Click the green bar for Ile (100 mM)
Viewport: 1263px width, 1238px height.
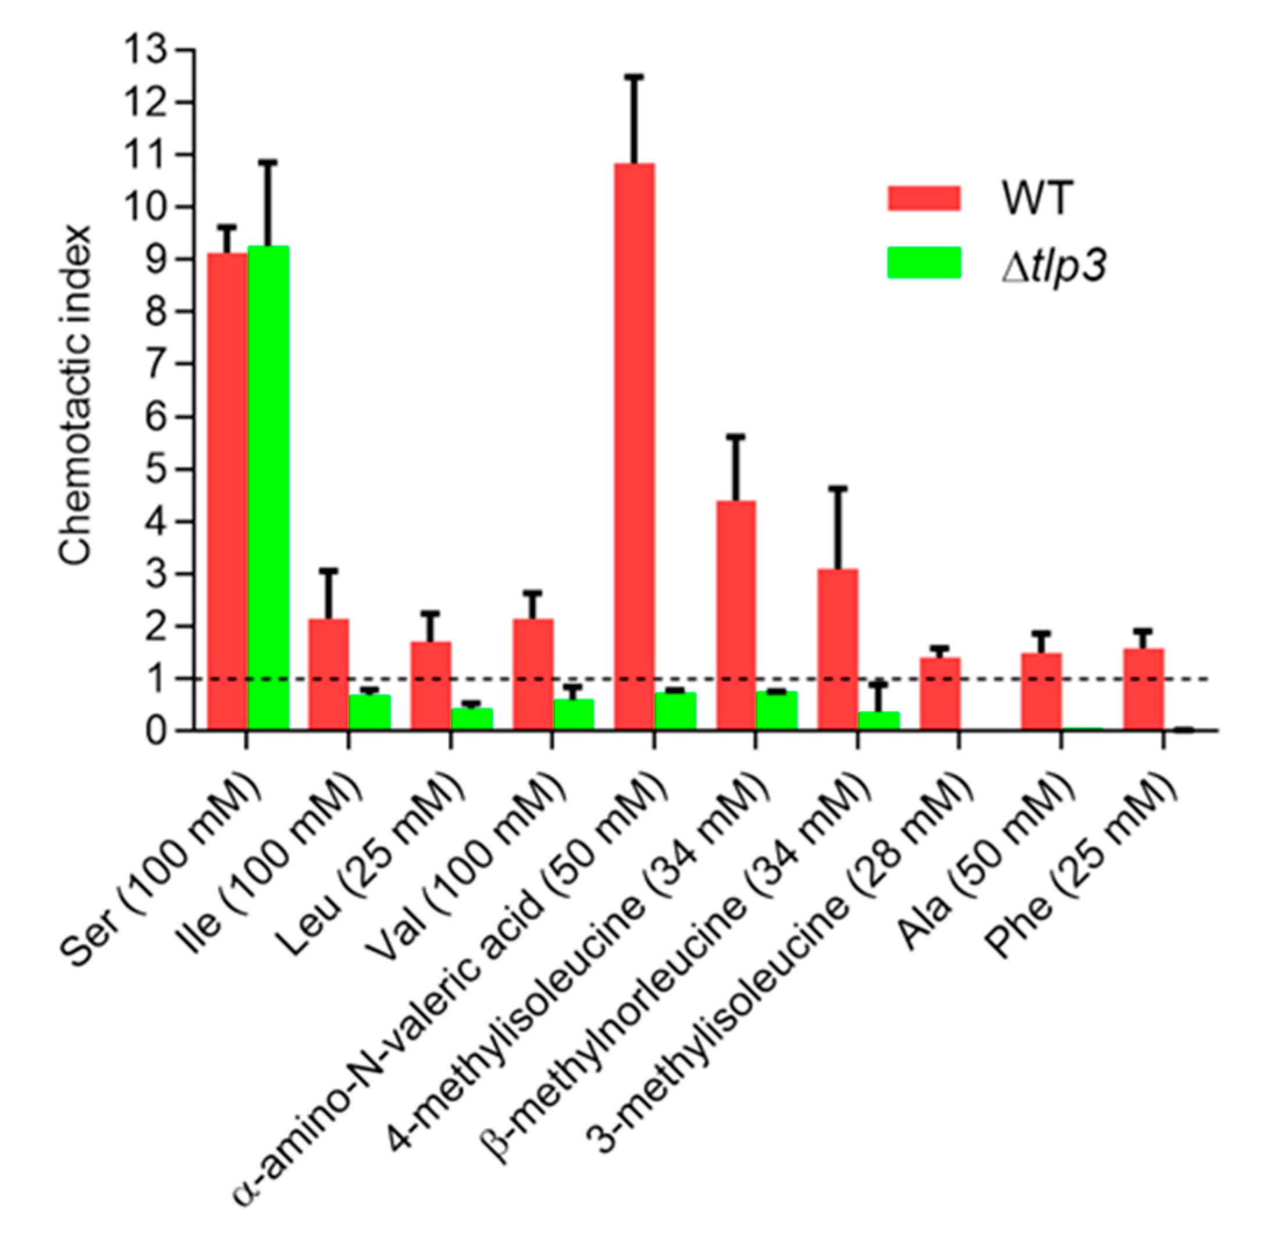(369, 713)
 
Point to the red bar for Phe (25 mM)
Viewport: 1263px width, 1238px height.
(1143, 690)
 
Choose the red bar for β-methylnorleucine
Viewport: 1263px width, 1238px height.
(838, 650)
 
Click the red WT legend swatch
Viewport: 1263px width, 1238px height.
(923, 198)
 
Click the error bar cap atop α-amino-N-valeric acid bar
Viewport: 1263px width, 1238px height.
(634, 77)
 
